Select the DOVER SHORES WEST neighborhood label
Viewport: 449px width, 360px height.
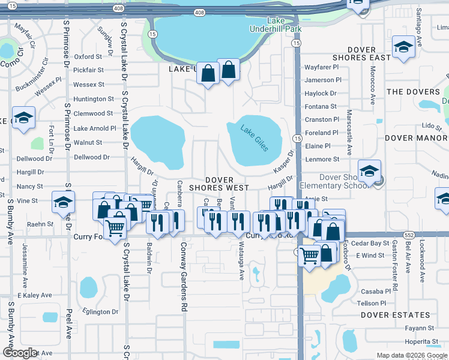pyautogui.click(x=227, y=184)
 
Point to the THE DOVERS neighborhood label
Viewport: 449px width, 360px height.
pyautogui.click(x=414, y=92)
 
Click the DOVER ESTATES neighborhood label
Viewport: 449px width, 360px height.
pyautogui.click(x=396, y=314)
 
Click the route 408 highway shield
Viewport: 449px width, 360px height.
pyautogui.click(x=200, y=11)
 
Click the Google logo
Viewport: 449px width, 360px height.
pyautogui.click(x=20, y=353)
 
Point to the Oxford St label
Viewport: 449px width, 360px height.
pyautogui.click(x=88, y=57)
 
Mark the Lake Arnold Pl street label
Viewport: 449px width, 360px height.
pyautogui.click(x=95, y=128)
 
